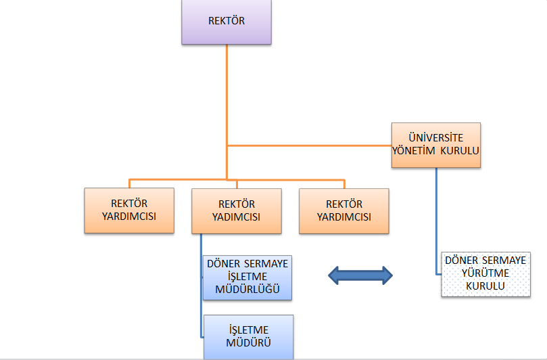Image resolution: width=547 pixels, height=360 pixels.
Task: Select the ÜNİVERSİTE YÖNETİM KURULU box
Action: (x=436, y=145)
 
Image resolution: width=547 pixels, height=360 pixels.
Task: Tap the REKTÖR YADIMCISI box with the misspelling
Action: (x=236, y=210)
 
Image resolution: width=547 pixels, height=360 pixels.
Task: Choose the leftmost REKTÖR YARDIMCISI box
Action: (x=128, y=210)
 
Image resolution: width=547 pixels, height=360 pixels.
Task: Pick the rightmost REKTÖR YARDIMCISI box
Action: (x=344, y=210)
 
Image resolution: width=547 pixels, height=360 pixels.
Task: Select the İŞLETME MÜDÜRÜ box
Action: (x=249, y=336)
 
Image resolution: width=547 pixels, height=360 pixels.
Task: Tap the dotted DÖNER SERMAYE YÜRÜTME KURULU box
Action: (x=486, y=273)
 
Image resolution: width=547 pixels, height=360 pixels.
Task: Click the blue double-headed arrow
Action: (x=360, y=274)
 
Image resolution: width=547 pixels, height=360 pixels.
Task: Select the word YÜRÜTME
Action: (x=485, y=273)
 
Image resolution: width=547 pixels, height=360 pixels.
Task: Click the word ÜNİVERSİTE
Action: (x=436, y=137)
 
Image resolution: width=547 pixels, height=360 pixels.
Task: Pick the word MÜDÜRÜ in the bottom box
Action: (x=249, y=342)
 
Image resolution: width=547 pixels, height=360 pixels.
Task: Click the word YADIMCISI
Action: (x=236, y=217)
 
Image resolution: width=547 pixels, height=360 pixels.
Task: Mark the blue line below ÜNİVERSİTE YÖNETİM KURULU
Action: (x=436, y=217)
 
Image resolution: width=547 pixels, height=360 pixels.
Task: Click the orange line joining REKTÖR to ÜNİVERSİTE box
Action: (x=311, y=145)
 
